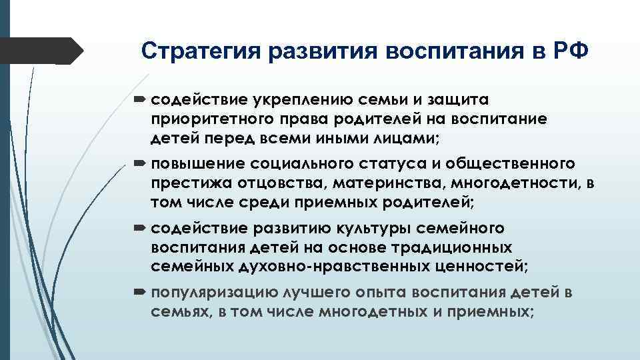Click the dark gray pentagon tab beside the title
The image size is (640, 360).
[40, 51]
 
